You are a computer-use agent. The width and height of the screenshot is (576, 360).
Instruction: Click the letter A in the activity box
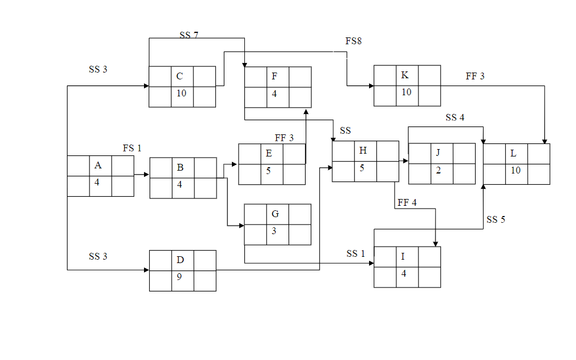[98, 166]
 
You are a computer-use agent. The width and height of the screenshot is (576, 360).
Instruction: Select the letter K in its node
[405, 75]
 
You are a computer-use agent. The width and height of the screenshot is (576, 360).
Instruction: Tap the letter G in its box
[275, 214]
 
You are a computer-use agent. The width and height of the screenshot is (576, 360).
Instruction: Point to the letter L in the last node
[513, 154]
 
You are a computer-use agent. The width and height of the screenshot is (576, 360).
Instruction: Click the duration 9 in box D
[179, 278]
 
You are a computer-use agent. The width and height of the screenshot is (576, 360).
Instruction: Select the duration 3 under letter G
[274, 231]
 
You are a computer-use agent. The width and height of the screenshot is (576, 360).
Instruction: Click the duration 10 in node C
[181, 93]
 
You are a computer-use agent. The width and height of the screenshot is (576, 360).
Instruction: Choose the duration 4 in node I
[404, 273]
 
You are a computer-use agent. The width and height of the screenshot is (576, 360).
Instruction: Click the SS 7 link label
[189, 35]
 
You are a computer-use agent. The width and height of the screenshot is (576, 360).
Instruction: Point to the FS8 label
[353, 41]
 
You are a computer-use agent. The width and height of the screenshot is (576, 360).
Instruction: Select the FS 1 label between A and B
[132, 149]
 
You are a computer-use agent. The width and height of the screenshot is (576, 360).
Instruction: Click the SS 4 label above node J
[455, 118]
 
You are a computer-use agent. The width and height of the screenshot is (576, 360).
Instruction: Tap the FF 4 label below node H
[407, 203]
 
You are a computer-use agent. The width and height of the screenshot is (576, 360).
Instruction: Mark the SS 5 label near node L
[495, 220]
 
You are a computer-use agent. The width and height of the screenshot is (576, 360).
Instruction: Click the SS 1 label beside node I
[355, 254]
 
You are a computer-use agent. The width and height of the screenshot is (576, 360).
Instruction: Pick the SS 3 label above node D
[98, 256]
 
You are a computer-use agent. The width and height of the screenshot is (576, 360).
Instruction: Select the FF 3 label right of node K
[475, 77]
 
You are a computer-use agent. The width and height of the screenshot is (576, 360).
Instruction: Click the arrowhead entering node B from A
[147, 175]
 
